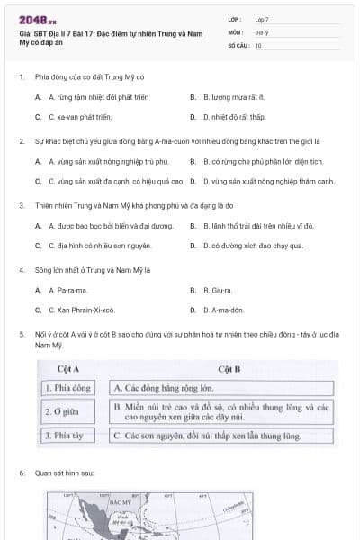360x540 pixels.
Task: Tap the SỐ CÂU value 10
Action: [x=258, y=44]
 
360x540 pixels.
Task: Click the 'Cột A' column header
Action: [x=68, y=369]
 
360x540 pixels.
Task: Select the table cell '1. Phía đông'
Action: [x=68, y=388]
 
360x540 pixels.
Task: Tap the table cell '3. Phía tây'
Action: [x=68, y=436]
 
